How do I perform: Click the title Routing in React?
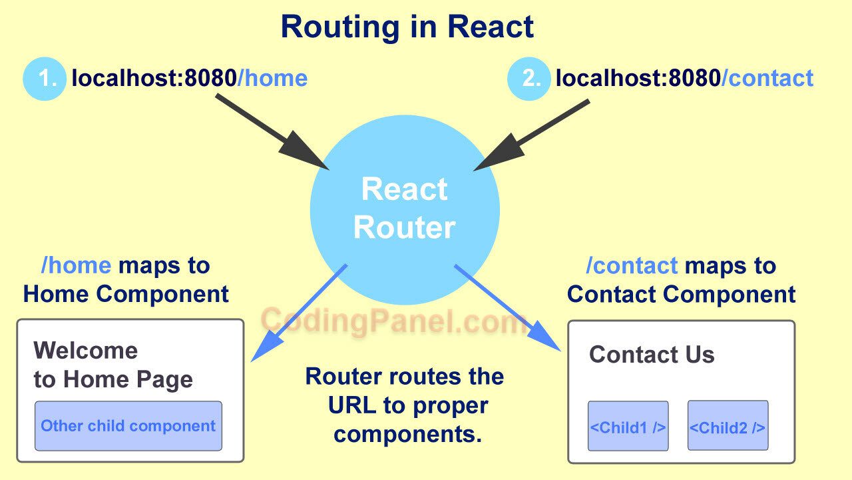pyautogui.click(x=407, y=27)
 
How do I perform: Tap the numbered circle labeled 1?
pyautogui.click(x=45, y=79)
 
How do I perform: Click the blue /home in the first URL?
pyautogui.click(x=272, y=79)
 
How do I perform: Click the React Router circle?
pyautogui.click(x=405, y=209)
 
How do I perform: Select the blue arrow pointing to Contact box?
pyautogui.click(x=506, y=307)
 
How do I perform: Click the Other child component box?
pyautogui.click(x=128, y=426)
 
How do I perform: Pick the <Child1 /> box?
pyautogui.click(x=628, y=426)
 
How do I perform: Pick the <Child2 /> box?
pyautogui.click(x=727, y=426)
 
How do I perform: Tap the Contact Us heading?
pyautogui.click(x=652, y=355)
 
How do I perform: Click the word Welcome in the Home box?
pyautogui.click(x=86, y=350)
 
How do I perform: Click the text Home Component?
pyautogui.click(x=126, y=294)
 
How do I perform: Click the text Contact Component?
pyautogui.click(x=681, y=294)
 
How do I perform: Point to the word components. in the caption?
pyautogui.click(x=407, y=434)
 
